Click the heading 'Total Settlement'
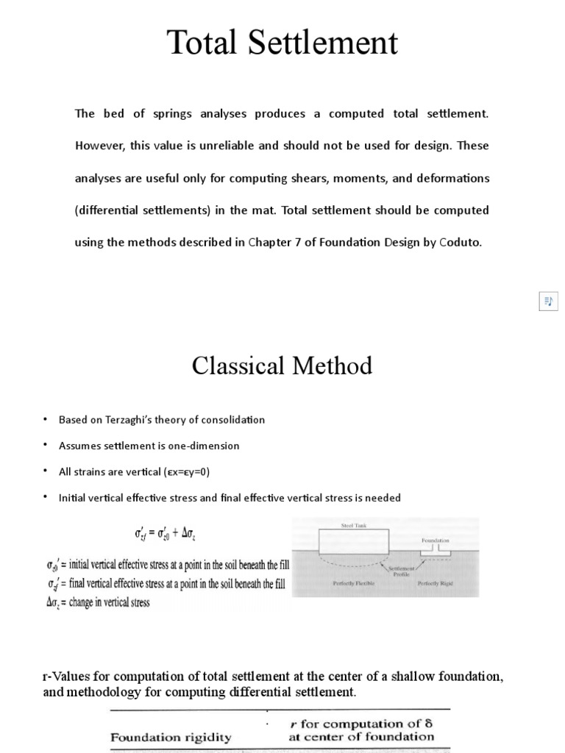coord(282,43)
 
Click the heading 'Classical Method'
coord(282,365)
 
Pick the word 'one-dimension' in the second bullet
coord(206,446)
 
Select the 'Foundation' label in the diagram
coord(435,540)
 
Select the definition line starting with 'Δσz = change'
coord(98,603)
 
